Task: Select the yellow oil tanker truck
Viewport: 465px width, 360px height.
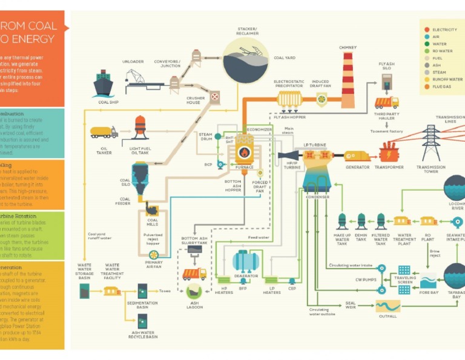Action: [x=104, y=132]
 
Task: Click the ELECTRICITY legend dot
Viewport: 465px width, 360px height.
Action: [x=427, y=30]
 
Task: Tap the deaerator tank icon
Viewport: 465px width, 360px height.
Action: [x=246, y=261]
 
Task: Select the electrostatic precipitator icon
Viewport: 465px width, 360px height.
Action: [x=289, y=98]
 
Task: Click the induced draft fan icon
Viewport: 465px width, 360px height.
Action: [x=321, y=99]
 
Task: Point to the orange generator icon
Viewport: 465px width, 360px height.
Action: [x=357, y=156]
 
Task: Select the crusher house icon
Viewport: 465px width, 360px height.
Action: [x=214, y=96]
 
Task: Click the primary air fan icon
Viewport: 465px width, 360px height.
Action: [x=154, y=255]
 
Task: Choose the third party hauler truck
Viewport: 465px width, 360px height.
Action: [x=386, y=102]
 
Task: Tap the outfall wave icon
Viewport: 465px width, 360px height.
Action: [x=387, y=306]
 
